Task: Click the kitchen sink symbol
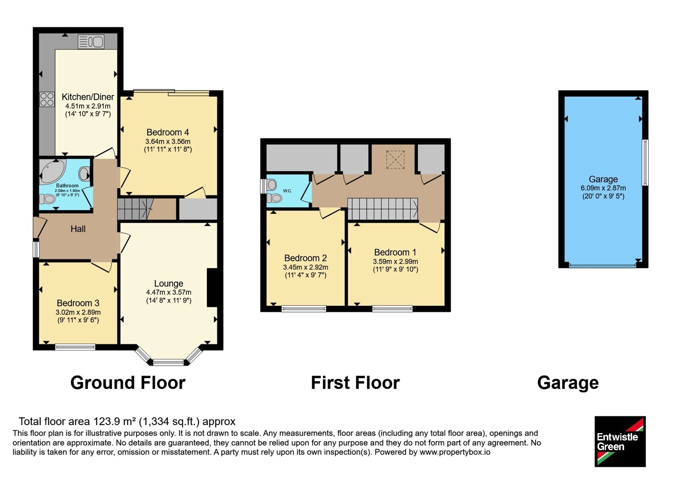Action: coord(91,42)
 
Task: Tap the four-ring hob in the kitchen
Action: coord(47,99)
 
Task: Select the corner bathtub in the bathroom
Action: coord(52,171)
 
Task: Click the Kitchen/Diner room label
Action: coord(88,97)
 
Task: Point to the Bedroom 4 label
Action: coord(168,132)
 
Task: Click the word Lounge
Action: coord(169,284)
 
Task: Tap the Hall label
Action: coord(78,229)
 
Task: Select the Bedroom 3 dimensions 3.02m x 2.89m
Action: coord(78,312)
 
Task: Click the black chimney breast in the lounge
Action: coord(212,288)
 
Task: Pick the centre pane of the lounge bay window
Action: coord(169,362)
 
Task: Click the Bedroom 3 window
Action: coord(75,347)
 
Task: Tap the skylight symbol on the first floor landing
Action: coord(395,160)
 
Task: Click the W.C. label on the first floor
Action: coord(288,191)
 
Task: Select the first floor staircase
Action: coord(383,209)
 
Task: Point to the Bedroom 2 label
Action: coord(306,258)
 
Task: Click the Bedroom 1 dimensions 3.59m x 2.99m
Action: coord(395,261)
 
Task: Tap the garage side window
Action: coord(645,162)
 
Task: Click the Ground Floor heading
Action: coord(128,383)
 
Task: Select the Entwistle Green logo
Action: coord(620,441)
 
